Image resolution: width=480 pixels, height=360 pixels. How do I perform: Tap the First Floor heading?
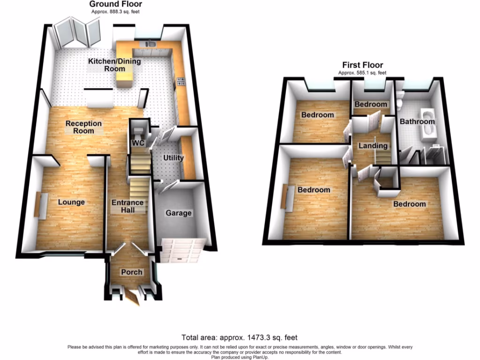[x=362, y=65]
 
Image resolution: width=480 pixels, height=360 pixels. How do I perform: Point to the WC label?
[x=137, y=142]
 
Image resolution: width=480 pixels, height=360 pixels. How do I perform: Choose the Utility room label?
[x=173, y=158]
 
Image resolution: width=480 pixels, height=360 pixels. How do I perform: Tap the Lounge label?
[x=71, y=202]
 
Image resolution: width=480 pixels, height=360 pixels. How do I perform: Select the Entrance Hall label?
[x=127, y=206]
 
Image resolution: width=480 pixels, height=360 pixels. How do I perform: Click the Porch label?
[x=132, y=272]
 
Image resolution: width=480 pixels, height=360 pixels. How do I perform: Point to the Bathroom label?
[x=417, y=121]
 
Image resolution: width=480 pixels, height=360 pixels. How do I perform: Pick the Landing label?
[x=373, y=146]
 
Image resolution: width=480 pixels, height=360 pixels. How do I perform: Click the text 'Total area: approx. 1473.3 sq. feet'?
[x=240, y=337]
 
